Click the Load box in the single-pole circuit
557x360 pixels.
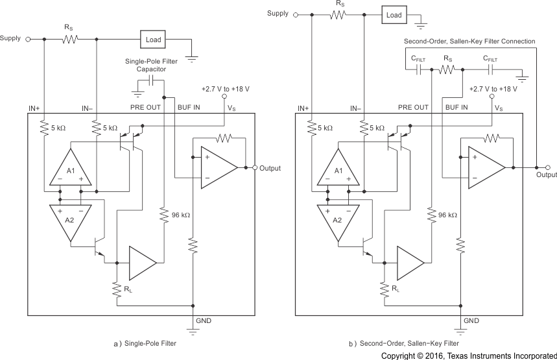pyautogui.click(x=153, y=39)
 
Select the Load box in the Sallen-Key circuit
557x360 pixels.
pyautogui.click(x=394, y=14)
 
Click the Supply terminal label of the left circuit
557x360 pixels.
pyautogui.click(x=10, y=38)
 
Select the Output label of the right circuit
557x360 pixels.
pyautogui.click(x=547, y=174)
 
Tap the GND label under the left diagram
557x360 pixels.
pyautogui.click(x=203, y=320)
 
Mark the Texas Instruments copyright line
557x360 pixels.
pyautogui.click(x=468, y=355)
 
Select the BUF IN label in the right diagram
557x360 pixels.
pyautogui.click(x=457, y=108)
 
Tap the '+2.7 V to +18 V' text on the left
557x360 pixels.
pyautogui.click(x=226, y=88)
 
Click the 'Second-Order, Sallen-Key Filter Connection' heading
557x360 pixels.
pyautogui.click(x=466, y=42)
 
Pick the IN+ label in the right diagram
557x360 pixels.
pyautogui.click(x=303, y=108)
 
